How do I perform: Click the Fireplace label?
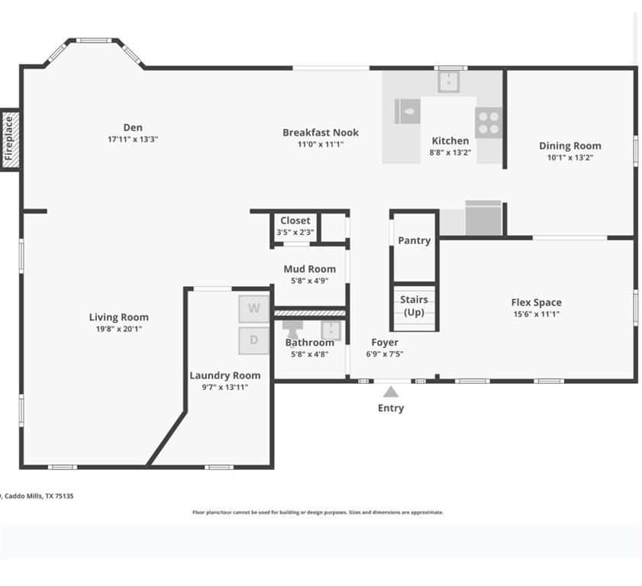8,139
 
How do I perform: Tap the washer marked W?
254,308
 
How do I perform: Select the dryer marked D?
254,340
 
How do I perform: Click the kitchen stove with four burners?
489,123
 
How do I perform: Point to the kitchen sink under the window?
449,81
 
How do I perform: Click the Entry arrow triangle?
391,392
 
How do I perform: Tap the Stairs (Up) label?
414,306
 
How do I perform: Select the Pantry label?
415,240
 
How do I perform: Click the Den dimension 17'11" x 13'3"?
133,139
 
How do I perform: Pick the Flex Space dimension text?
537,314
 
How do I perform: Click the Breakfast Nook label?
321,133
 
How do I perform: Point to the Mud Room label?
309,269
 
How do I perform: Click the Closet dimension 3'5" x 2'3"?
295,232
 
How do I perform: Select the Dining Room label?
570,146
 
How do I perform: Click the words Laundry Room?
224,375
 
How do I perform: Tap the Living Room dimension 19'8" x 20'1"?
119,329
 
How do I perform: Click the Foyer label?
385,342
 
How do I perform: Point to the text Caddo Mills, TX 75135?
39,496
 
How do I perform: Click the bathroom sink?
331,330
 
